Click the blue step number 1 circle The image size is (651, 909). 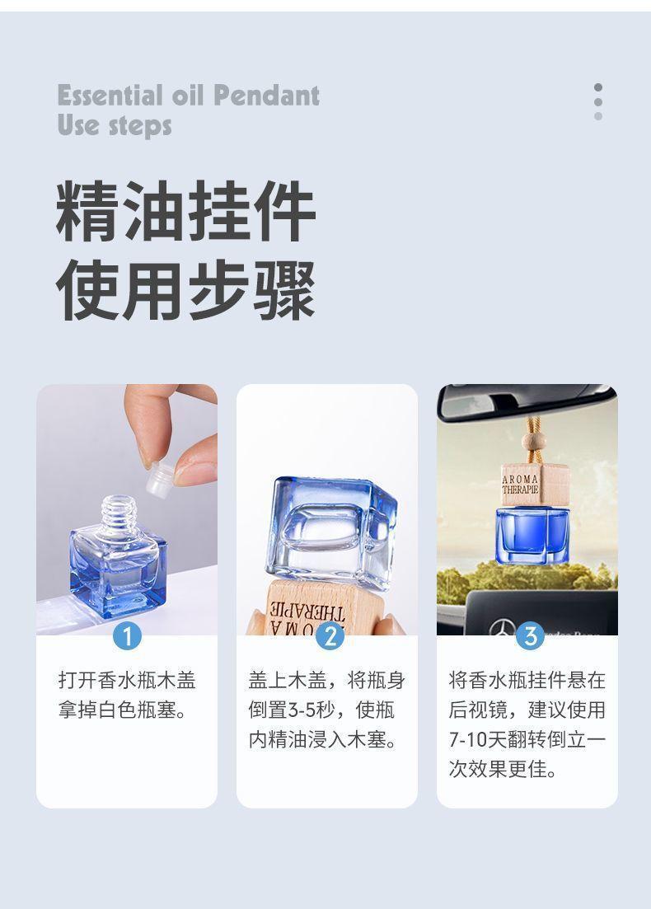(127, 635)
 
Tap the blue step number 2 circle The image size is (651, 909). (330, 635)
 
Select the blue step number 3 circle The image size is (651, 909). (530, 635)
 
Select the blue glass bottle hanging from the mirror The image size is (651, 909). (532, 536)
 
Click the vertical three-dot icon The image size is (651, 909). (598, 101)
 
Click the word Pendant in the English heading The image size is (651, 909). (266, 96)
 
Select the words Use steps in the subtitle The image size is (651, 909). (115, 126)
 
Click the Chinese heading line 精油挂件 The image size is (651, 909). (186, 213)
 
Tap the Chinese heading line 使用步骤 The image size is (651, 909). (186, 289)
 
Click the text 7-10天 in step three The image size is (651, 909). (478, 739)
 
